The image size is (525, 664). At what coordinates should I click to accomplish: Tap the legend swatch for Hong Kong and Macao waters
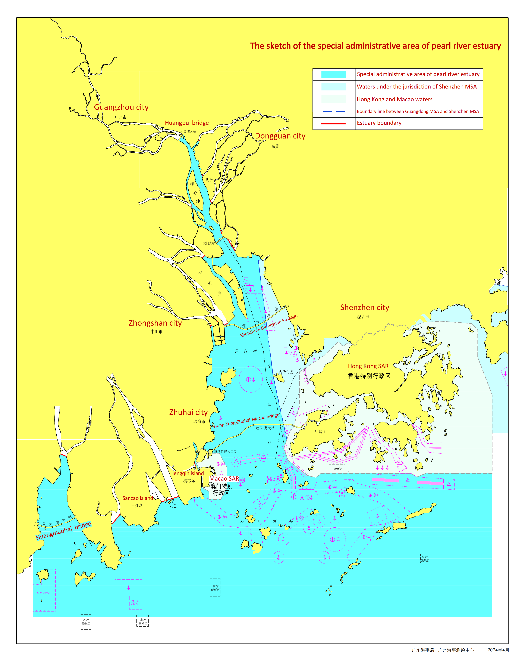(333, 99)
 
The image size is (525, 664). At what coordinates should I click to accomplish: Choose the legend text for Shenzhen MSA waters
(416, 87)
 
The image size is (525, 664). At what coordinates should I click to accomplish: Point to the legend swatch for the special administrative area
(333, 74)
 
